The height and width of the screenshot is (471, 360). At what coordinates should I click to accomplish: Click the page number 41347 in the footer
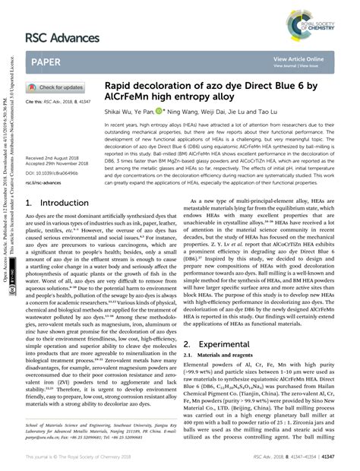pos(329,457)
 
